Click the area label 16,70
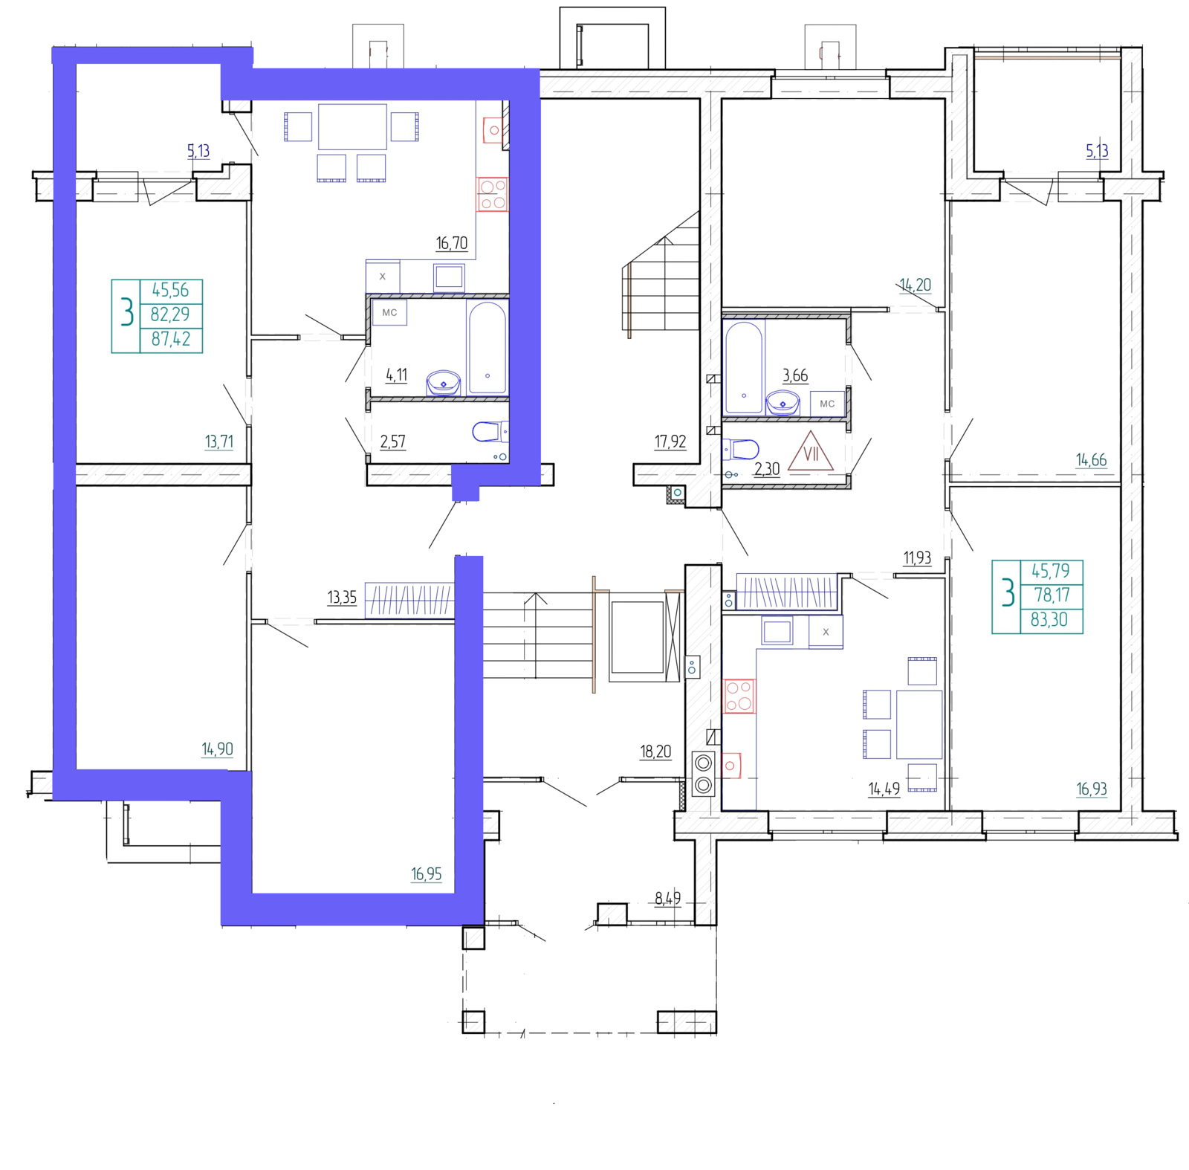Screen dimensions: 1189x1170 pos(452,243)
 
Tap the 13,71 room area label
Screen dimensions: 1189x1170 pos(219,442)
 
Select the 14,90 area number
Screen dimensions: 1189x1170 pos(217,749)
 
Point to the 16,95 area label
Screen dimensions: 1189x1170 pos(427,874)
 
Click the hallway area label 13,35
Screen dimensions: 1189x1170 pos(342,597)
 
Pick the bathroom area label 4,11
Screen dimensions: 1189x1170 pos(397,375)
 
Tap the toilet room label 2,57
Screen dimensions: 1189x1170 pos(393,442)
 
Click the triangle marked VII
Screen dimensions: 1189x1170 pos(811,452)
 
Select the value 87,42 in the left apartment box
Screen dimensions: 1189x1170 pos(171,339)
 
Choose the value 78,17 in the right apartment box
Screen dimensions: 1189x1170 pos(1052,595)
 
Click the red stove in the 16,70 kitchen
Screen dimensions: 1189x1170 pos(492,193)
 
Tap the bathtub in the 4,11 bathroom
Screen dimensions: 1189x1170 pos(487,347)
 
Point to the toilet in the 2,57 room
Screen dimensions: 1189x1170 pos(490,431)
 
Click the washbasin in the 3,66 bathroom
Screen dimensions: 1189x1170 pos(783,402)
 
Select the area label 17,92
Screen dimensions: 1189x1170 pos(670,442)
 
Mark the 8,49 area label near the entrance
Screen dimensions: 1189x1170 pos(667,899)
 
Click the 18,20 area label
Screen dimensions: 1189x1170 pos(655,752)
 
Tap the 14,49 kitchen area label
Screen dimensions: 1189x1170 pos(884,789)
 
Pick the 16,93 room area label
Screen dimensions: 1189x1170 pos(1092,789)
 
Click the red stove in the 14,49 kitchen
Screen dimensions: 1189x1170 pos(739,696)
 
